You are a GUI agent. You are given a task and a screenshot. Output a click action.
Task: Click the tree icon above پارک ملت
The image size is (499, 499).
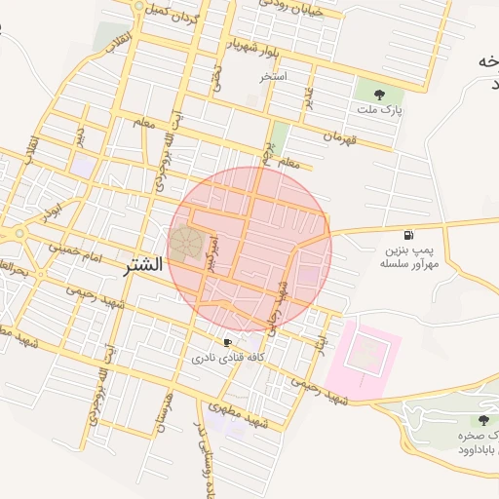point(378,95)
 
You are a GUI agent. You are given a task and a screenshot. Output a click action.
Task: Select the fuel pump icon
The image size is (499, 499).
point(407,235)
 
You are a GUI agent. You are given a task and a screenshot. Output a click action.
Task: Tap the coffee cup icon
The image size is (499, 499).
point(227,342)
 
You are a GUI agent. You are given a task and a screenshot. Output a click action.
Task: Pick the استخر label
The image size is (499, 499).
point(274,75)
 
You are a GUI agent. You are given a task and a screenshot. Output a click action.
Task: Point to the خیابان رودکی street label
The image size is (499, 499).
point(292,5)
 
